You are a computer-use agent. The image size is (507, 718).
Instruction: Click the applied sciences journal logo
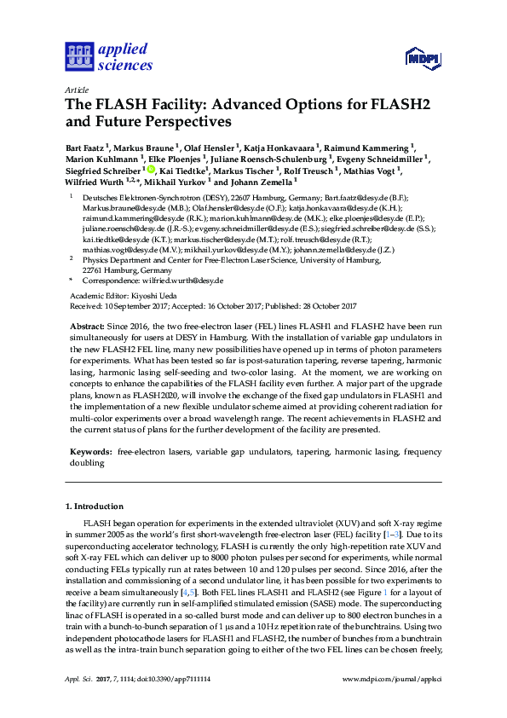point(108,57)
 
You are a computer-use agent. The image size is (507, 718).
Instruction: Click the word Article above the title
point(76,90)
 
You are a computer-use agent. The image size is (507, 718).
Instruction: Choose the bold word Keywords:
point(89,449)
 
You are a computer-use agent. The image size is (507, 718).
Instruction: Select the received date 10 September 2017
point(131,304)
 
